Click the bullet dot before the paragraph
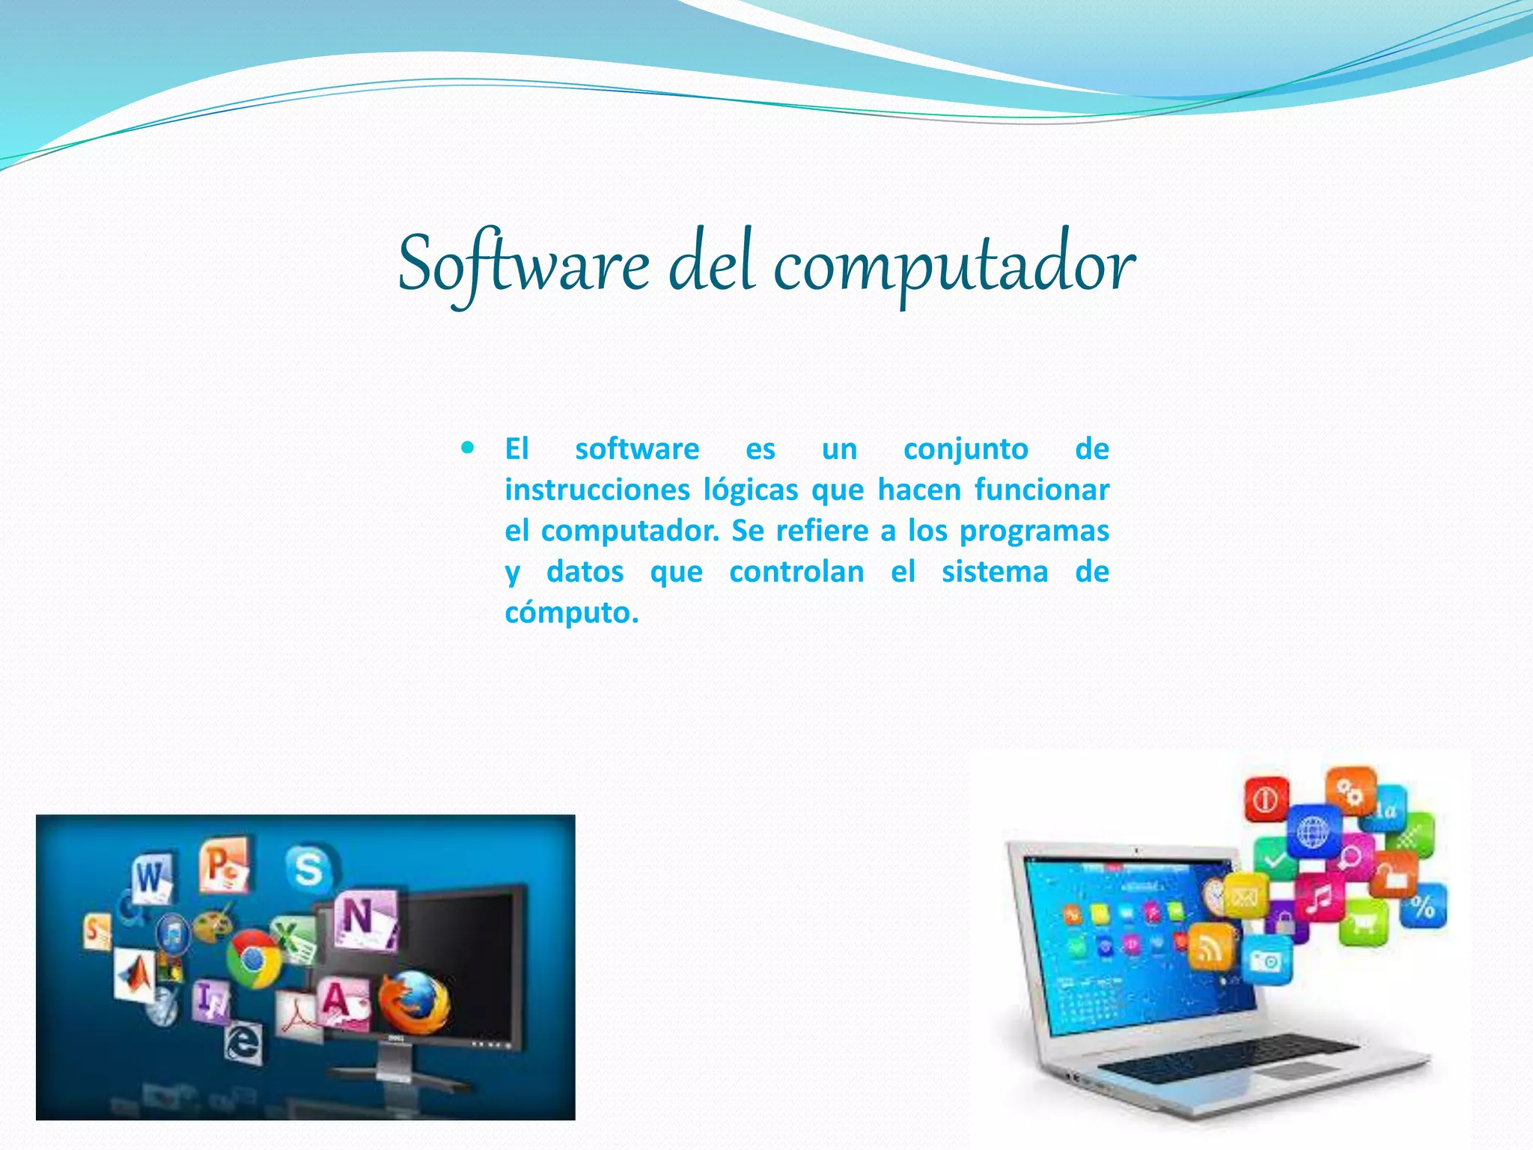pos(469,448)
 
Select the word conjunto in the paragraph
pos(966,449)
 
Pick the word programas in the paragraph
pos(1034,532)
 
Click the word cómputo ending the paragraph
pos(572,613)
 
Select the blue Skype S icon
pos(308,868)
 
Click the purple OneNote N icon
pos(363,920)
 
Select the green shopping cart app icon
pos(1364,922)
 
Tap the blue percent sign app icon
pos(1422,906)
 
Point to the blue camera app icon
pos(1266,960)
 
